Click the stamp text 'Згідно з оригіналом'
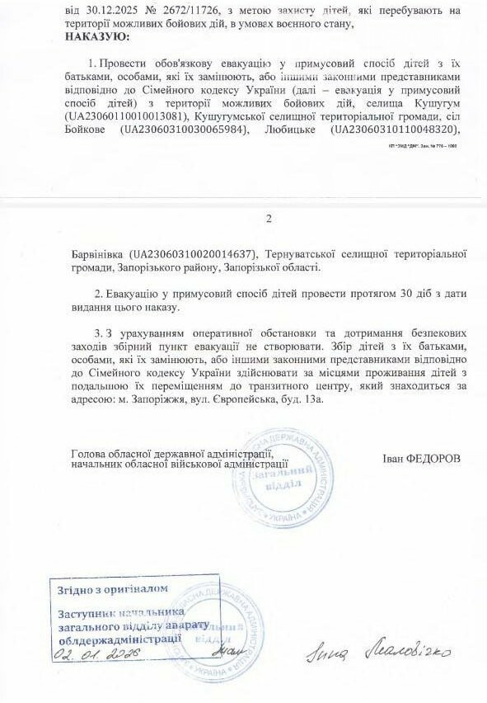pyautogui.click(x=113, y=589)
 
